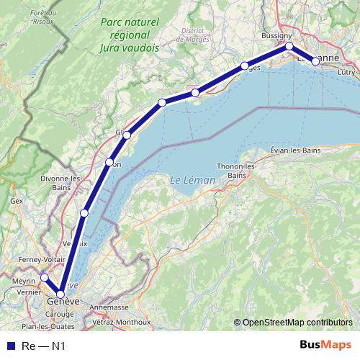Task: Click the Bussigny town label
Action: point(276,35)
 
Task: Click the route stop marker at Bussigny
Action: point(289,46)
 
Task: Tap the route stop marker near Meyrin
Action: point(44,277)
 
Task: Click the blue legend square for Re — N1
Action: point(10,346)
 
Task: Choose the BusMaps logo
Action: point(320,346)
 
